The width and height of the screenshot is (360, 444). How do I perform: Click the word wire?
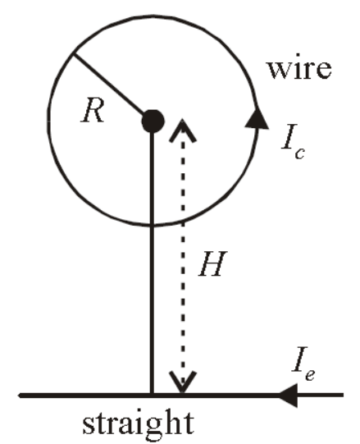tap(299, 70)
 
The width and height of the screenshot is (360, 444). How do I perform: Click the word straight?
tap(138, 424)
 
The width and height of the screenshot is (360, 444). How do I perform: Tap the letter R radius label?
tap(93, 110)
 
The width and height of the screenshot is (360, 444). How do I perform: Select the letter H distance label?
tap(213, 263)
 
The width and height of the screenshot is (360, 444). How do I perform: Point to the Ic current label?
tap(293, 141)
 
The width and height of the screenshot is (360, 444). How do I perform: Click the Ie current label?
tap(303, 364)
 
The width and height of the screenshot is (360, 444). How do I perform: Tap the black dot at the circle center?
tap(153, 121)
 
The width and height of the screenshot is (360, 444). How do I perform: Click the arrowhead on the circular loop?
tap(257, 118)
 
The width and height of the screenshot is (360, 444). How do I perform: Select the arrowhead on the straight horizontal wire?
tap(288, 396)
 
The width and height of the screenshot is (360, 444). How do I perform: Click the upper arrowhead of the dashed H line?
tap(182, 130)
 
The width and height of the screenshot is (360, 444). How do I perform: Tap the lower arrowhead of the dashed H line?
tap(183, 382)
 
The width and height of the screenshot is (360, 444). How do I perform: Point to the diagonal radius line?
tap(109, 85)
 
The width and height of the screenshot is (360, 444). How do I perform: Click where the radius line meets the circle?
tap(73, 54)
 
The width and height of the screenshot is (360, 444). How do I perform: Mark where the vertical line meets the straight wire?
tap(153, 395)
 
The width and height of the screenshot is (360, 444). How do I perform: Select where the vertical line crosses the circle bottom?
tap(153, 226)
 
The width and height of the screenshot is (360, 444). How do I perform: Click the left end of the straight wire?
tap(19, 396)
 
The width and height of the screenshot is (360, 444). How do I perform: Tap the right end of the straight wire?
tap(343, 395)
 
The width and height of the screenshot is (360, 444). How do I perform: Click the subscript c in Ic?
tap(299, 153)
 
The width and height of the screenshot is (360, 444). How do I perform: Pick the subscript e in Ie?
tap(309, 374)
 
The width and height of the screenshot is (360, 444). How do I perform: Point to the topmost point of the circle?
tap(153, 16)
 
